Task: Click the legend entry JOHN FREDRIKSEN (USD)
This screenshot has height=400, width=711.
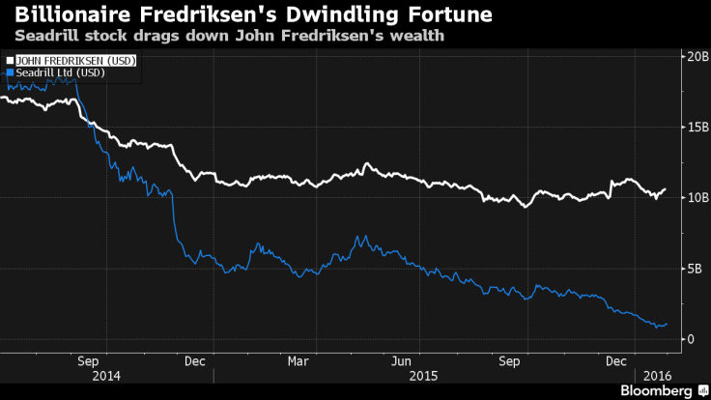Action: click(x=74, y=60)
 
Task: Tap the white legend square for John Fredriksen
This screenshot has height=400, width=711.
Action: click(x=9, y=60)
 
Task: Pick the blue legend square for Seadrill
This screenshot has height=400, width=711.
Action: click(x=9, y=71)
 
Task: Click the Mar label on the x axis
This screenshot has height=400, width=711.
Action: click(x=298, y=361)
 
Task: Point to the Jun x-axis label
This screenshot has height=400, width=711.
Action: click(x=403, y=361)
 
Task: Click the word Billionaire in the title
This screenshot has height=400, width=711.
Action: click(x=69, y=15)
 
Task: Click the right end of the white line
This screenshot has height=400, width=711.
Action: click(x=666, y=189)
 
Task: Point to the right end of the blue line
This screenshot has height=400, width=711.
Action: click(x=667, y=324)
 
